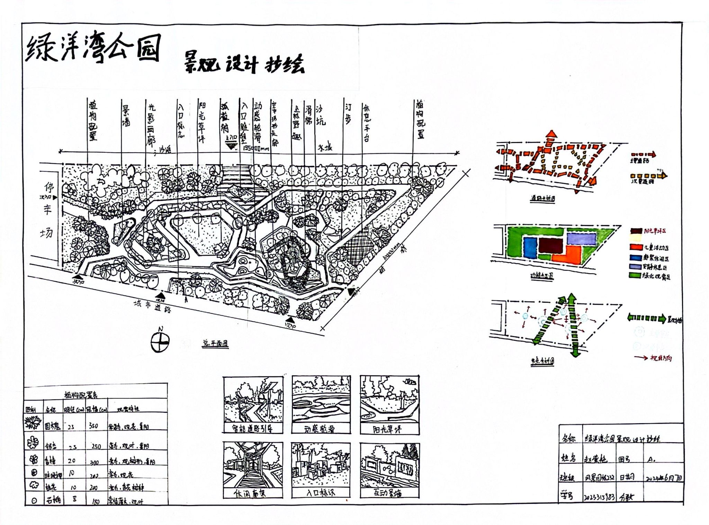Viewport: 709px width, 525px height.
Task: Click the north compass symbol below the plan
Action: point(160,342)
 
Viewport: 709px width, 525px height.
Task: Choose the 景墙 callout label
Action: point(126,116)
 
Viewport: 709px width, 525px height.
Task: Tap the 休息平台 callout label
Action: point(366,123)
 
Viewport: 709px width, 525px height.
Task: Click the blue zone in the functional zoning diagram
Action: point(529,248)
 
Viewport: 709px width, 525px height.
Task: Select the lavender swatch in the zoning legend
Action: point(635,267)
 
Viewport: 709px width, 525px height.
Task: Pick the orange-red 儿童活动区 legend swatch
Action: point(636,247)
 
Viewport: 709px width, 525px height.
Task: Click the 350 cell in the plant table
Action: point(93,426)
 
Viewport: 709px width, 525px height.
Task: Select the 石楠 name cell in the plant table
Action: point(53,500)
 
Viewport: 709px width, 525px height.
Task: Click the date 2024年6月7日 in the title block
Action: point(664,478)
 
